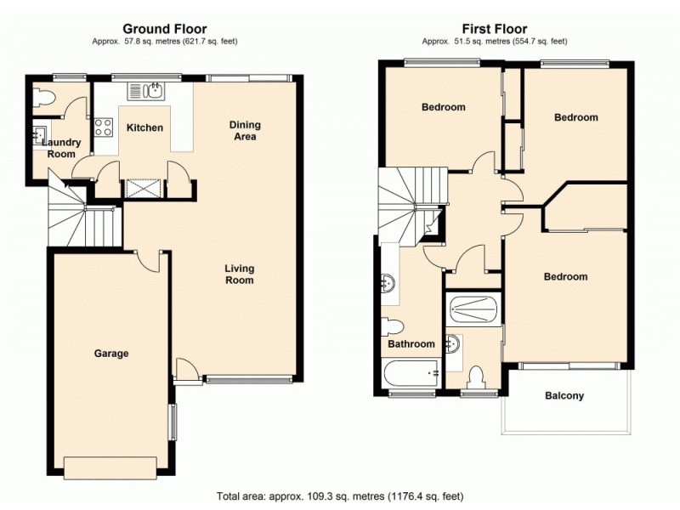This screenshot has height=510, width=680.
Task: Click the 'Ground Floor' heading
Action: pos(165,29)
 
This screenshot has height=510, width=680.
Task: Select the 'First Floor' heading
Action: pos(495,29)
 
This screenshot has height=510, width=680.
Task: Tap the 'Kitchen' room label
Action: pos(144,128)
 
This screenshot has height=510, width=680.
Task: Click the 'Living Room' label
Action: pos(239,275)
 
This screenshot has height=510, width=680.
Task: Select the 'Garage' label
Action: pos(111,354)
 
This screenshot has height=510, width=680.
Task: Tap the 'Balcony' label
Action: pos(564,396)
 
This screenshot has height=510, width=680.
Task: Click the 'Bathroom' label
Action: pos(411,344)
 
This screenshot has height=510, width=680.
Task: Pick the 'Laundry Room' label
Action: pos(59,149)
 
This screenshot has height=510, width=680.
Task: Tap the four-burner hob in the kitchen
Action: pos(104,128)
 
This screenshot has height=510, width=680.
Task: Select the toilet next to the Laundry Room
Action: pos(42,99)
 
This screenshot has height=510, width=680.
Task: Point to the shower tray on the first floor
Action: pos(473,309)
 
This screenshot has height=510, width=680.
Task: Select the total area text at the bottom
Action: pos(340,496)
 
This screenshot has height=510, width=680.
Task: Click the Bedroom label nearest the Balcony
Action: pos(565,277)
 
